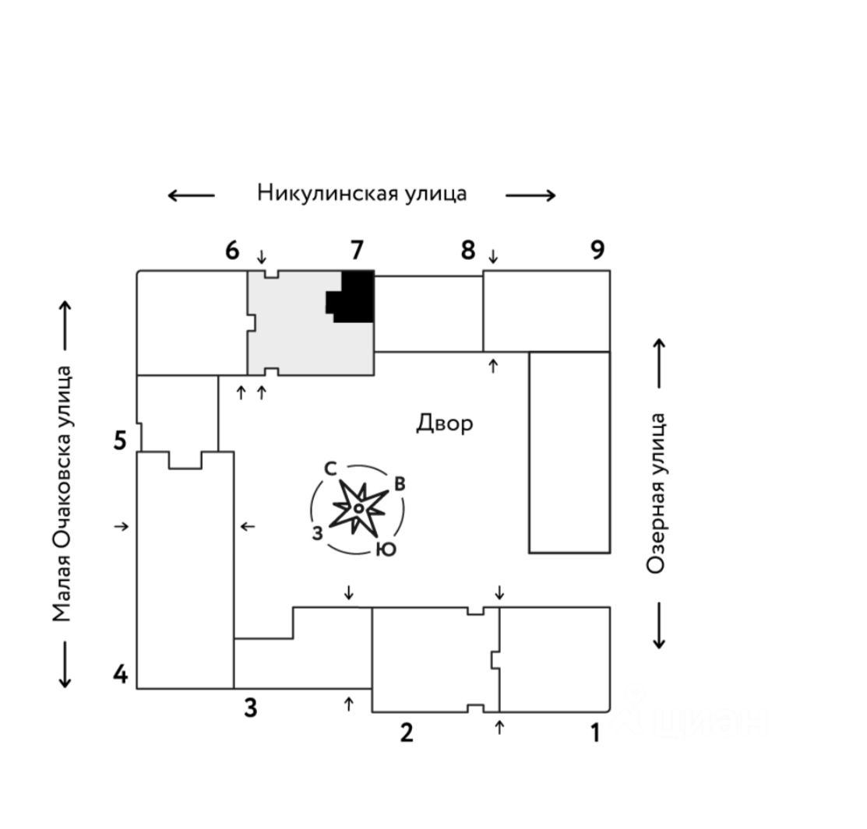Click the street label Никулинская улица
pos(361,193)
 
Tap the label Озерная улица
pos(657,494)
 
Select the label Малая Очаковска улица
pos(62,494)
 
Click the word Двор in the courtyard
pos(444,423)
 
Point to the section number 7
pos(356,251)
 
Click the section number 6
pos(231,251)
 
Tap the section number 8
pos(467,251)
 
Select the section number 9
pos(597,251)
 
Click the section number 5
pos(119,441)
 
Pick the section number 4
pos(120,674)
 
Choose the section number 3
pos(250,708)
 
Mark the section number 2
pos(406,732)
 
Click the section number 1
pos(594,733)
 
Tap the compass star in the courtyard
pos(358,508)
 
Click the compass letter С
pos(330,469)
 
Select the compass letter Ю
pos(386,550)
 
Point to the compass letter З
pos(318,534)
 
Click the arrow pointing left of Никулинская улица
pos(191,195)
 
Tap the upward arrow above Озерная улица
pos(659,363)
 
